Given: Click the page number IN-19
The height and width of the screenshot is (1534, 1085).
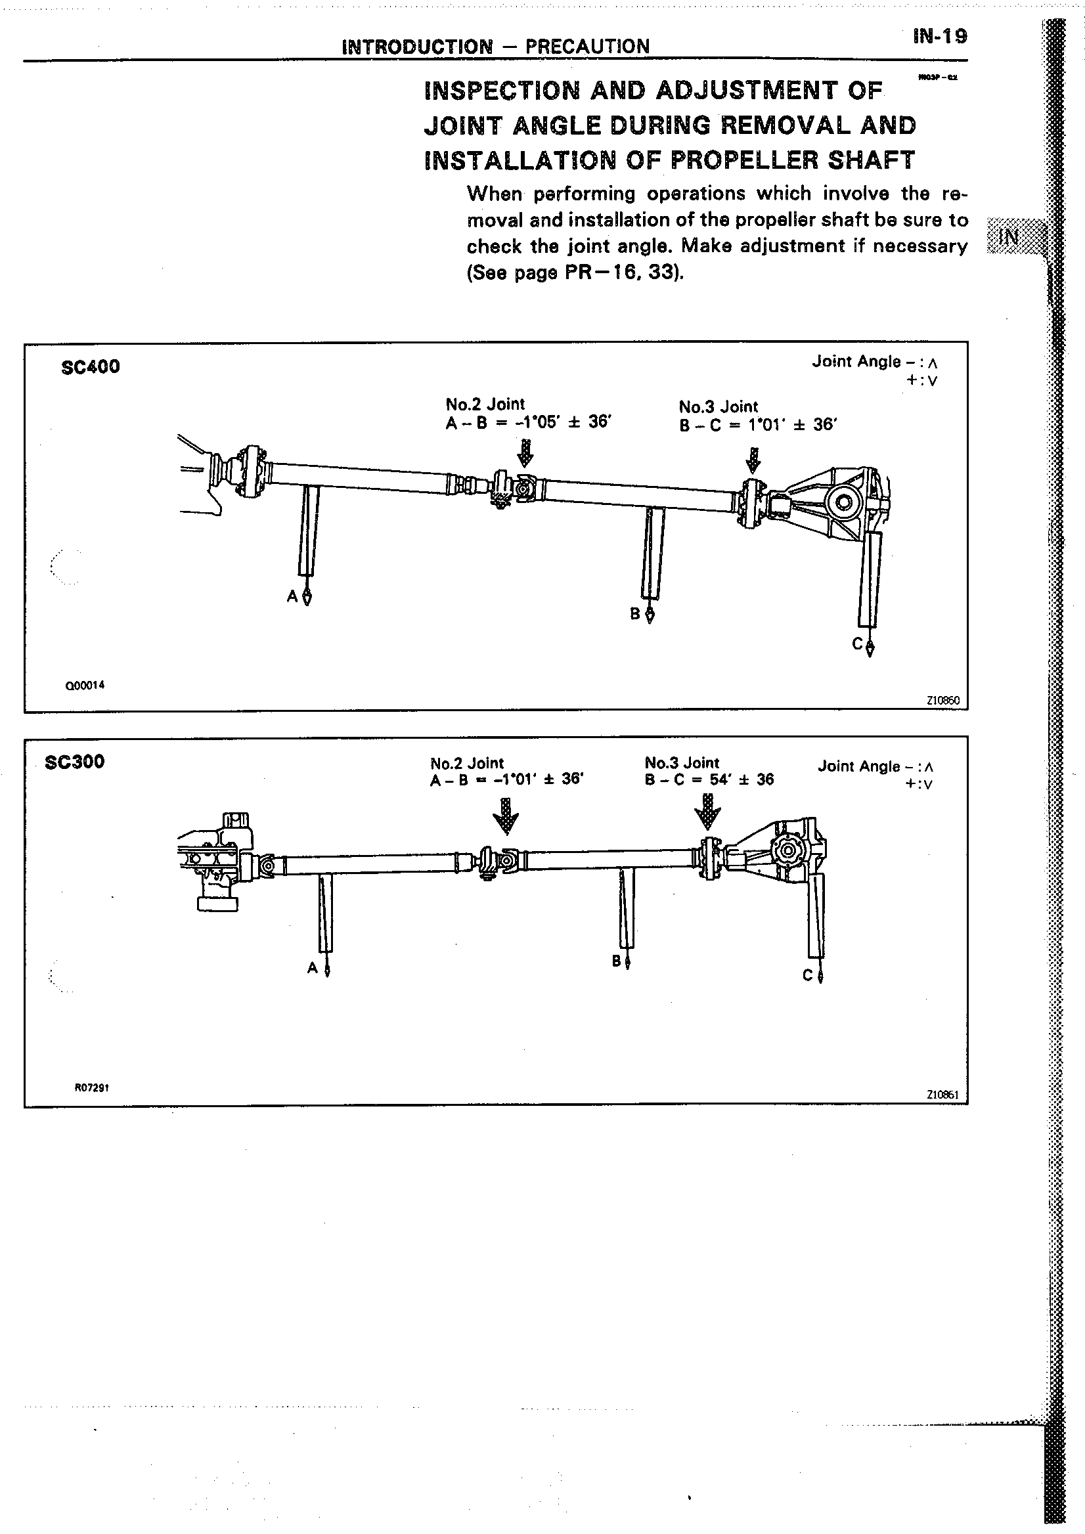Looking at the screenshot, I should pyautogui.click(x=939, y=37).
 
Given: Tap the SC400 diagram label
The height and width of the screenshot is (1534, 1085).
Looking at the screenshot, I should pyautogui.click(x=90, y=367).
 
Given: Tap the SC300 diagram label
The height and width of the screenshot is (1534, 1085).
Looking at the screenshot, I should pyautogui.click(x=74, y=762).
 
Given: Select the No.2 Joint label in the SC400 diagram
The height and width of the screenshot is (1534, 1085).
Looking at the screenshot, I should pyautogui.click(x=485, y=404).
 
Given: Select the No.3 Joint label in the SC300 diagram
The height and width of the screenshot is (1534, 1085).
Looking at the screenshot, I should pyautogui.click(x=682, y=762).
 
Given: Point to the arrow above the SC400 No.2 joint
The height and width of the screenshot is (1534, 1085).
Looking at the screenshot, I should pyautogui.click(x=526, y=452).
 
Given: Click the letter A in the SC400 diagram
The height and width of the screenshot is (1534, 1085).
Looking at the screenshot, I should pyautogui.click(x=292, y=597).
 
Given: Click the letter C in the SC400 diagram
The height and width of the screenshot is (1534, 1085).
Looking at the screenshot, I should pyautogui.click(x=857, y=644).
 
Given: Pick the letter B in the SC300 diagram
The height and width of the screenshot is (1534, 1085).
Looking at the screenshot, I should pyautogui.click(x=616, y=961).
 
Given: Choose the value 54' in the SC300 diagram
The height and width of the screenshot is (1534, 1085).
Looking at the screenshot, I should pyautogui.click(x=719, y=779).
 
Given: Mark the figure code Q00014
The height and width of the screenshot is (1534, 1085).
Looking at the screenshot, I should pyautogui.click(x=85, y=685).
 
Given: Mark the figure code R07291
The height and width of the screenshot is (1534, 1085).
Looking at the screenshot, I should pyautogui.click(x=91, y=1087).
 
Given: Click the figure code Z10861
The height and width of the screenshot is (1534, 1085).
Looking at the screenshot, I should pyautogui.click(x=942, y=1095).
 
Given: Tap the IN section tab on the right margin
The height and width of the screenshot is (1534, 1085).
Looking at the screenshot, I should pyautogui.click(x=1010, y=236).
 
